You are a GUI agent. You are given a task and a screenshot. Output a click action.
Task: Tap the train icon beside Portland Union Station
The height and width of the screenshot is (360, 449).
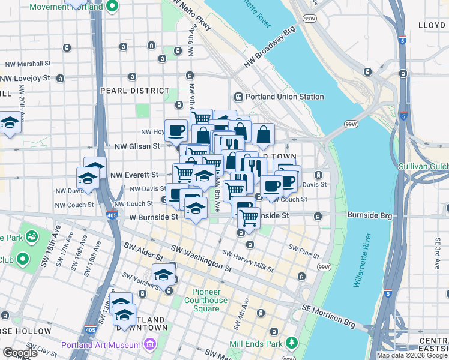tap(238, 97)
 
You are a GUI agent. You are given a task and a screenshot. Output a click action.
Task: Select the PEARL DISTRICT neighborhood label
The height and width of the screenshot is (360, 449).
tap(135, 91)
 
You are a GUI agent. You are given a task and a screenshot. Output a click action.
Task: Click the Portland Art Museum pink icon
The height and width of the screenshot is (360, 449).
tap(149, 344)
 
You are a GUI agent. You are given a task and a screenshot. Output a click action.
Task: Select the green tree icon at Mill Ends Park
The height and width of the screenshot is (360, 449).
tap(292, 343)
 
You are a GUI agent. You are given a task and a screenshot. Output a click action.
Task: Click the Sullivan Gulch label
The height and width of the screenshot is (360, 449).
tap(423, 165)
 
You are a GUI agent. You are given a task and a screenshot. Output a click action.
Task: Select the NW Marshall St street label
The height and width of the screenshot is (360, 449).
tap(28, 64)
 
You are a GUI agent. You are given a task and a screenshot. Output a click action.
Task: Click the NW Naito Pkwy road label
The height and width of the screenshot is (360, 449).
tap(191, 16)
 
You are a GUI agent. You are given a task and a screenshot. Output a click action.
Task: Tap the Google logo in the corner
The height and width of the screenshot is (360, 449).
tap(19, 352)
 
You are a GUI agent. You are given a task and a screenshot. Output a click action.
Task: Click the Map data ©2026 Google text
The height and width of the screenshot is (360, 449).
tap(412, 355)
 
